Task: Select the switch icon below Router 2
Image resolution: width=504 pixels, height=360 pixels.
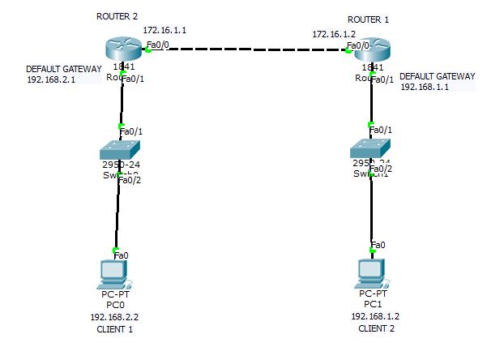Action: coord(121,150)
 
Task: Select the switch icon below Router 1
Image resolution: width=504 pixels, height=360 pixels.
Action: coord(371,149)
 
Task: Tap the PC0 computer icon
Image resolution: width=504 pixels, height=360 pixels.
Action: coord(113,275)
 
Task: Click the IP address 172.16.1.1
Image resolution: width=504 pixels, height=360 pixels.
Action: coord(165,30)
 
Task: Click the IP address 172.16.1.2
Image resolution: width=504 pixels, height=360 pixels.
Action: coord(334,34)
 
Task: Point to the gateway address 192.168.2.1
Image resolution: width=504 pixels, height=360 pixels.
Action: coord(51,80)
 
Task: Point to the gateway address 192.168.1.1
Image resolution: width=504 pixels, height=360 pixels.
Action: coord(425,87)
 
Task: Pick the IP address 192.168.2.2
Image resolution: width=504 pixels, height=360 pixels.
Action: coord(114,318)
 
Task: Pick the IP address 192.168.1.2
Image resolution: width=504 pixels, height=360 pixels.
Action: coord(375,316)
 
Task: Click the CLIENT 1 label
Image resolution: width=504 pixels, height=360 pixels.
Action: coord(114,330)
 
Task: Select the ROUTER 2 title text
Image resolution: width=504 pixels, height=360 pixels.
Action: coord(117,15)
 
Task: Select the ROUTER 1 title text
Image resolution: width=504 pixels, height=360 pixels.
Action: coord(369,19)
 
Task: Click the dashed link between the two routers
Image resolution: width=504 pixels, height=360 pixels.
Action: coord(247,49)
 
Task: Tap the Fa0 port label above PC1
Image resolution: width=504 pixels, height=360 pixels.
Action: coord(378,244)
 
